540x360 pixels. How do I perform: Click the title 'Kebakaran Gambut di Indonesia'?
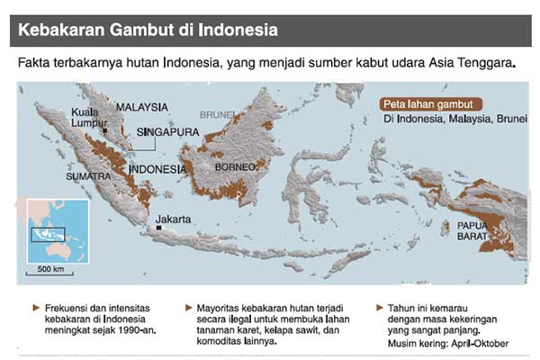pyautogui.click(x=148, y=29)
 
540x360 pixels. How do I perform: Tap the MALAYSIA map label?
pyautogui.click(x=142, y=105)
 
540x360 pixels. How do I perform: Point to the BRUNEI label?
pyautogui.click(x=217, y=115)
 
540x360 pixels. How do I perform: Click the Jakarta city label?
pyautogui.click(x=173, y=219)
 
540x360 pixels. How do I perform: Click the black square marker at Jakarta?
pyautogui.click(x=158, y=227)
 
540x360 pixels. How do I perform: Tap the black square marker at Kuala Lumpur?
pyautogui.click(x=105, y=131)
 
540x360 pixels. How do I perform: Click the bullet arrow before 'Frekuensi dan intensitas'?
pyautogui.click(x=35, y=307)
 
